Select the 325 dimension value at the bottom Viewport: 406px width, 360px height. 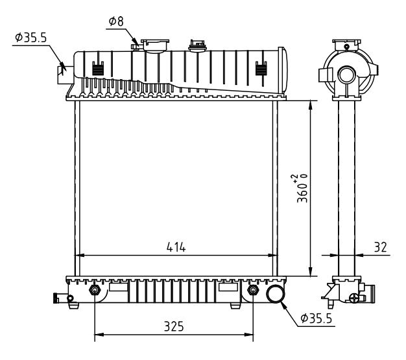pos(173,327)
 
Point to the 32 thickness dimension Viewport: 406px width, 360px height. pos(380,246)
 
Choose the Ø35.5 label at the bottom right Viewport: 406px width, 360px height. pos(317,318)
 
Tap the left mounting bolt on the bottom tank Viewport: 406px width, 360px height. pos(95,289)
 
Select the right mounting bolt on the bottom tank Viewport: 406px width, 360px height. pos(253,289)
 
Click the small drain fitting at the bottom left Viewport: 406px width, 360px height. pos(60,298)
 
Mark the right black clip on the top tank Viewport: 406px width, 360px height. pos(261,68)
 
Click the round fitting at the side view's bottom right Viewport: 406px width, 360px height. pos(354,298)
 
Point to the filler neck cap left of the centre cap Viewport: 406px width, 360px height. pos(154,43)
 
